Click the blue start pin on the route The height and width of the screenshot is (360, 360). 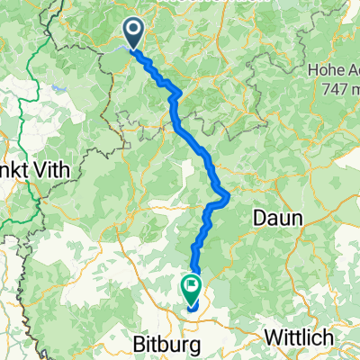pos(134,33)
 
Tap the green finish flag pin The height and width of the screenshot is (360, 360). pos(192,289)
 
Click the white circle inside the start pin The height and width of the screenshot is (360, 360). pos(134,31)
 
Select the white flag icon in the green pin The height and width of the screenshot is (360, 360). pos(192,286)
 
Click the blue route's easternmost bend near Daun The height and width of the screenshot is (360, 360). pos(230,196)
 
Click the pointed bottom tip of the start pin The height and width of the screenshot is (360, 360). pos(134,47)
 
